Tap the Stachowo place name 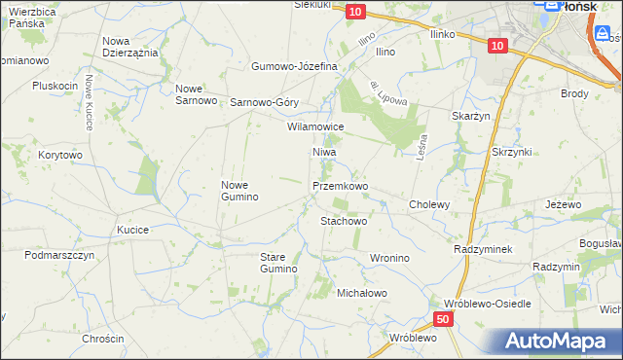click(x=344, y=221)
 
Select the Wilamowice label click(x=315, y=126)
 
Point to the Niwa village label click(x=324, y=153)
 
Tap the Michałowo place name click(x=362, y=292)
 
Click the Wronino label click(x=389, y=258)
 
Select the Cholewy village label click(x=429, y=204)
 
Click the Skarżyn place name click(x=469, y=116)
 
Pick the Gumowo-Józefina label click(x=294, y=66)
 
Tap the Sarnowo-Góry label click(x=264, y=101)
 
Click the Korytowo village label click(x=60, y=155)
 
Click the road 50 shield click(x=443, y=318)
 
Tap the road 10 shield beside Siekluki click(x=355, y=11)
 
